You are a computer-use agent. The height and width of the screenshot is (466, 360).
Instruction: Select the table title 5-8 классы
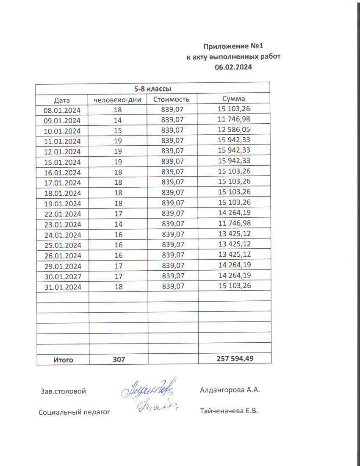coord(152,89)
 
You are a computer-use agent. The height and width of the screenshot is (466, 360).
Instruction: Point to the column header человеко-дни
coord(118,100)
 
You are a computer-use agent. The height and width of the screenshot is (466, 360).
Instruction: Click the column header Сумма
coord(234,99)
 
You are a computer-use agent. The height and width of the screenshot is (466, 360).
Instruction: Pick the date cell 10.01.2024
coord(62,131)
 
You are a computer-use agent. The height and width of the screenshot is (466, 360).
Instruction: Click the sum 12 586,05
coord(234,130)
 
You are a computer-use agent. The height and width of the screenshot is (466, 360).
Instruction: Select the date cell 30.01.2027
coord(62,276)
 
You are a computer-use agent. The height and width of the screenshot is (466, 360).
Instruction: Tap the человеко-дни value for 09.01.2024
coord(118,120)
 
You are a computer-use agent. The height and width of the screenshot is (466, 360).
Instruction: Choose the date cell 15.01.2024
coord(62,162)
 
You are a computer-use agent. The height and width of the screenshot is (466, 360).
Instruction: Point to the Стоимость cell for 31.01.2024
coord(173,286)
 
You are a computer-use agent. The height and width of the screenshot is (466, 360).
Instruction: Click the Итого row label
coord(63,360)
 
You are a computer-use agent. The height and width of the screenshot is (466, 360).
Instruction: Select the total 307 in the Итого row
coord(119,360)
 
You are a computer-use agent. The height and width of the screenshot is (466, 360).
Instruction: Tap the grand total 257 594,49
coord(235,359)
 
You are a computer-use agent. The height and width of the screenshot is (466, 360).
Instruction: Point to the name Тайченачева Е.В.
coord(229,411)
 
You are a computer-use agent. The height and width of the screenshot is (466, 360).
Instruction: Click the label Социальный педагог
coord(74,412)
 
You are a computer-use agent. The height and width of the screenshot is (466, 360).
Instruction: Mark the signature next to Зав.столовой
coord(149,389)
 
